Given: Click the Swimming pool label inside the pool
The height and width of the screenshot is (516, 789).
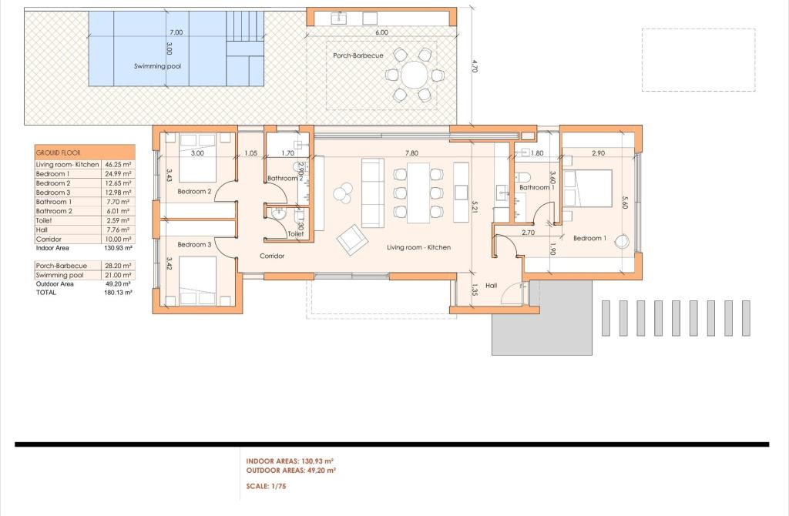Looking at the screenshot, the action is (x=157, y=66).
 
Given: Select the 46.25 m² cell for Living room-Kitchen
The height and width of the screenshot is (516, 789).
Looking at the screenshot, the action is (x=118, y=165).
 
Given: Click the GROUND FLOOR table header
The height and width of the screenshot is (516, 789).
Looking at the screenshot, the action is (x=59, y=152).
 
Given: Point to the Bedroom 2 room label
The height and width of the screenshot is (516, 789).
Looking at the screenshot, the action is (x=194, y=191).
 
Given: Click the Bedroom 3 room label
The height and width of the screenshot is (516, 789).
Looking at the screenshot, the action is (x=194, y=244).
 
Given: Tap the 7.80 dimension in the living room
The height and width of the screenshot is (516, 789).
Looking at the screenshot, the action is (x=411, y=153).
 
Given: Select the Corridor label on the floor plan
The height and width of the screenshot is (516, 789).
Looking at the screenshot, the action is (x=272, y=256).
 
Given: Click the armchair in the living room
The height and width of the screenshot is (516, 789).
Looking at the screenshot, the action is (x=351, y=240).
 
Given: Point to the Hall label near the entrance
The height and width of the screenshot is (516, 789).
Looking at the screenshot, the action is (x=491, y=285).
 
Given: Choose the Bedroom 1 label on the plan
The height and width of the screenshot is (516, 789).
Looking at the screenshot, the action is (x=589, y=238).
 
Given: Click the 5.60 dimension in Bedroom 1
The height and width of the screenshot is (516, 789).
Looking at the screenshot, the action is (x=625, y=203).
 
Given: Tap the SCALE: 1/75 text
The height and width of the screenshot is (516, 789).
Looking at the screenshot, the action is (x=266, y=486).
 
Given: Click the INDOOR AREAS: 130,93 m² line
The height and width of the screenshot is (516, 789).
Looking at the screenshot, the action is (x=290, y=461).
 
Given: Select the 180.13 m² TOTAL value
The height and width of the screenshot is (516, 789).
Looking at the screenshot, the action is (x=118, y=292).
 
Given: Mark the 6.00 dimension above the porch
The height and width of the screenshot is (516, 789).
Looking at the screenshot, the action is (x=382, y=32).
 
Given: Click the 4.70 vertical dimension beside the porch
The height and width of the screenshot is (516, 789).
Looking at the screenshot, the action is (x=474, y=66).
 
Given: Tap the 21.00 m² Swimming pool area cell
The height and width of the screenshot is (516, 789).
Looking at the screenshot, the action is (x=118, y=275).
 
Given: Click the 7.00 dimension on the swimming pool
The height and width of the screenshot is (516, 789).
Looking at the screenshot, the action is (x=176, y=32).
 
